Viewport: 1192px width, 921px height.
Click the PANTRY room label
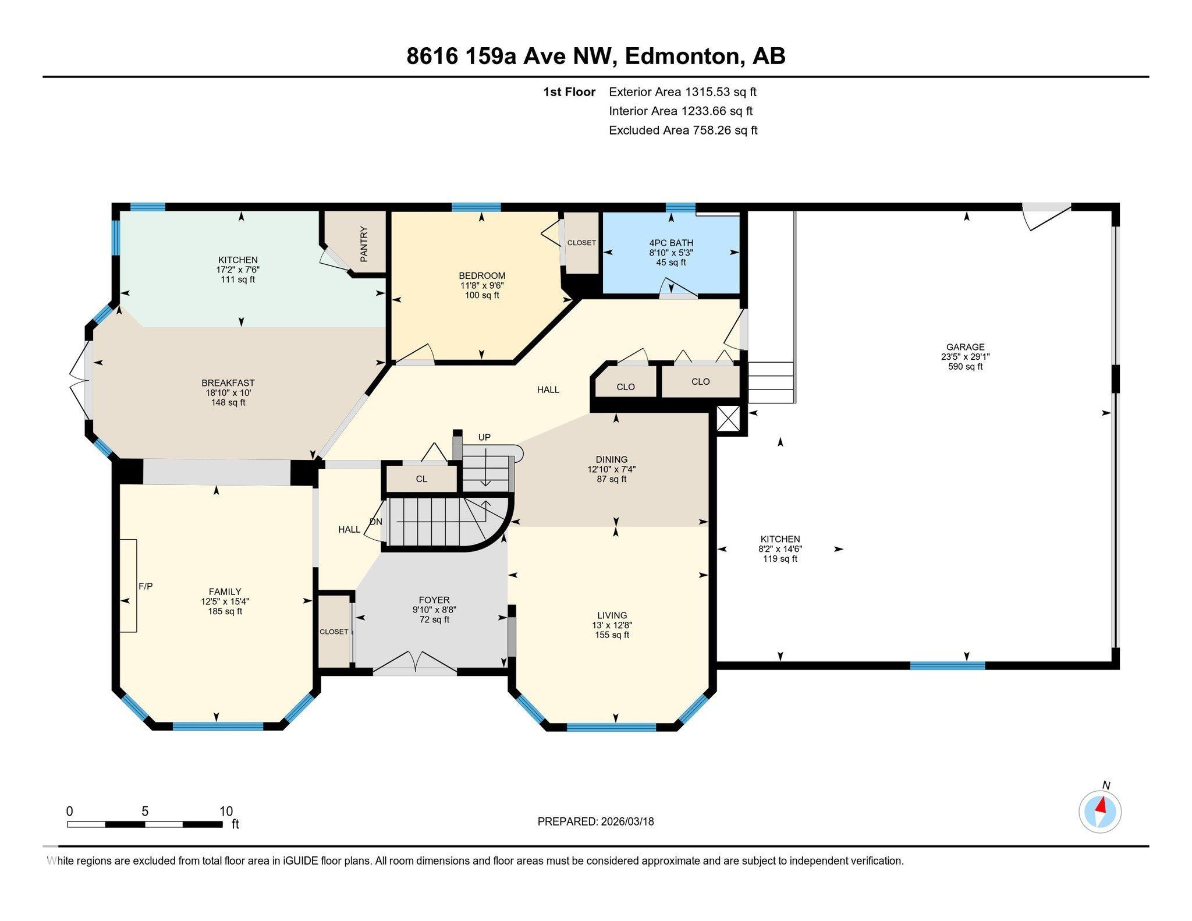pos(364,244)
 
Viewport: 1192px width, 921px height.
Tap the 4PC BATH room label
pos(671,243)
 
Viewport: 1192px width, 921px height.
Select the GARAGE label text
pos(965,347)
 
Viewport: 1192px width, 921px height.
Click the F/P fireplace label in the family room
pos(146,586)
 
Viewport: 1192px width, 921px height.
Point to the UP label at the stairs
pos(484,437)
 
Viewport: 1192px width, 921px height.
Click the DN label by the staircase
pos(376,522)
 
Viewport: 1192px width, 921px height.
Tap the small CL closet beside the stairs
pos(421,479)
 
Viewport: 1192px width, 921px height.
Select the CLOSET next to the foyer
pos(334,632)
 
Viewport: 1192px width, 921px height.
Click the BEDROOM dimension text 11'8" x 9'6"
pos(482,286)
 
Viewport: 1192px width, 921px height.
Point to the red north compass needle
pos(1101,806)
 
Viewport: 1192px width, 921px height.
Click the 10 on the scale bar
pos(226,811)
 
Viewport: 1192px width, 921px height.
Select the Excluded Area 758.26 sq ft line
pos(683,130)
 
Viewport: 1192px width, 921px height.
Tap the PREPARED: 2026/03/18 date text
pos(595,821)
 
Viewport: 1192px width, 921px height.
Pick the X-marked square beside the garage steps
pos(728,419)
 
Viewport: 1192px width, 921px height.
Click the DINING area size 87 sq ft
pos(612,479)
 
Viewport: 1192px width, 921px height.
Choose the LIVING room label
pos(612,615)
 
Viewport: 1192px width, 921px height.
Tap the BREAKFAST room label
pos(228,383)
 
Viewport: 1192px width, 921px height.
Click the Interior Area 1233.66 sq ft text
pos(680,111)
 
